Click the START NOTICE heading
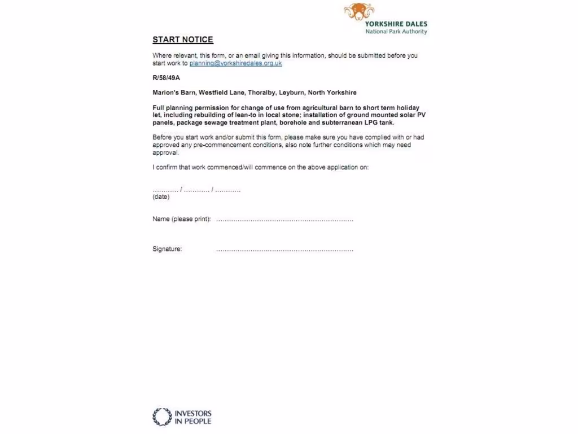[183, 40]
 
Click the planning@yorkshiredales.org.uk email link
[235, 63]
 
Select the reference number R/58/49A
[166, 78]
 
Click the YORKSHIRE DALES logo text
[396, 24]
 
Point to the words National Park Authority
[396, 32]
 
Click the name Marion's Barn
[173, 93]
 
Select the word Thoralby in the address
[261, 93]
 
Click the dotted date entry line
[196, 190]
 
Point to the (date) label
[161, 197]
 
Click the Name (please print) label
[182, 219]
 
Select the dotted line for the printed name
[284, 220]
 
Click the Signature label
[167, 249]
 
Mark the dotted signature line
[284, 250]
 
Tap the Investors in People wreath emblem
[162, 417]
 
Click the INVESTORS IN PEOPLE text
[193, 417]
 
